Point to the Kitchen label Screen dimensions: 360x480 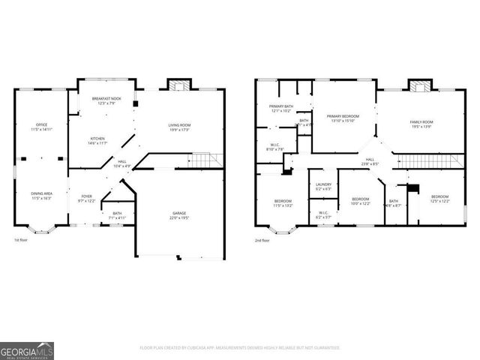click(98, 140)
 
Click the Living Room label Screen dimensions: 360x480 click(178, 127)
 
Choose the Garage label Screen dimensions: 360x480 click(178, 215)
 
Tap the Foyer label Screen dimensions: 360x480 click(87, 198)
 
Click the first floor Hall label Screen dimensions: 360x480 click(121, 163)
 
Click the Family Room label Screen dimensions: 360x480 click(421, 124)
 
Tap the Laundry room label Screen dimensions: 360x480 click(323, 186)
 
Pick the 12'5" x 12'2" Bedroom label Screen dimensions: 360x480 click(439, 198)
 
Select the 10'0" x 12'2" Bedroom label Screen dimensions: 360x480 click(360, 201)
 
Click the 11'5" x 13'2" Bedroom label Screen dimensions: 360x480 click(283, 202)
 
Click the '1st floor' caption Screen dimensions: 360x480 click(22, 240)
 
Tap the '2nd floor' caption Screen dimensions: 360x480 click(263, 240)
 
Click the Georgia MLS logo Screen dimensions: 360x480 click(26, 350)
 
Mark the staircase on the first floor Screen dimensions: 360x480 click(205, 160)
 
